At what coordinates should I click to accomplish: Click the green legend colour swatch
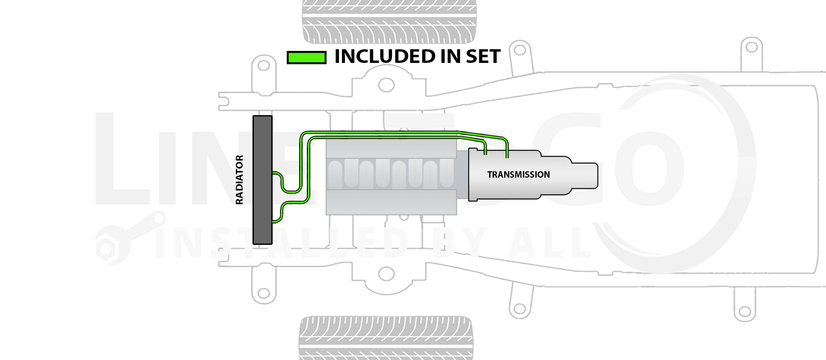(306, 57)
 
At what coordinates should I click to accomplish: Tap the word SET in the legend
(483, 57)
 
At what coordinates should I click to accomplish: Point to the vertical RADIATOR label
(239, 180)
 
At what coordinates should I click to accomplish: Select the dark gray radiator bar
(262, 180)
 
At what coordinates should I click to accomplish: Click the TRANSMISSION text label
(518, 175)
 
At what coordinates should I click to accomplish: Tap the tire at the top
(389, 21)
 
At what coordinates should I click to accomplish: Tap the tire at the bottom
(386, 338)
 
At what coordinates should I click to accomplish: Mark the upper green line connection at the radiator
(274, 173)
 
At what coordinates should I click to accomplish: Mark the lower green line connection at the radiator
(274, 222)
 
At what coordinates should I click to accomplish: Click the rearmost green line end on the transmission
(507, 157)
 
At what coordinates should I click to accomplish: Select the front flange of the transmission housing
(473, 175)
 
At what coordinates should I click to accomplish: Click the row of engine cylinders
(390, 173)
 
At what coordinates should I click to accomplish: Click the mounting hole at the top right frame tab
(752, 47)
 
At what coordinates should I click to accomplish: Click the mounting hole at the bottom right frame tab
(745, 311)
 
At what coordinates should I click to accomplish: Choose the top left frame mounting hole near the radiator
(264, 65)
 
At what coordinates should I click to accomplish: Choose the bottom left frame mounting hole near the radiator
(264, 294)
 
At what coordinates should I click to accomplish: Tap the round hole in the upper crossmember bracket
(386, 85)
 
